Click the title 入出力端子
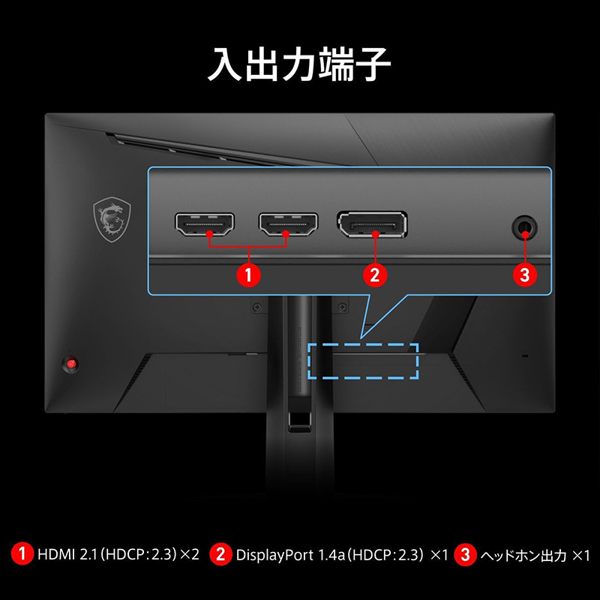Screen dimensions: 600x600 (298, 64)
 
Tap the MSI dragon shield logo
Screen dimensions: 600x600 (112, 220)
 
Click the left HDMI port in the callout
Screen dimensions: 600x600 (205, 224)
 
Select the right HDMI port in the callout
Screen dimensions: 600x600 (288, 224)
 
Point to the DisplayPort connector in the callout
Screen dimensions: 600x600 (372, 224)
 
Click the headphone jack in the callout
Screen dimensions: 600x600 (524, 227)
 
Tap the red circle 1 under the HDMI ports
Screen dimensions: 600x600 (248, 274)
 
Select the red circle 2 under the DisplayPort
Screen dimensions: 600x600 (374, 274)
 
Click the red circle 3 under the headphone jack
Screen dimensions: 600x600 (524, 274)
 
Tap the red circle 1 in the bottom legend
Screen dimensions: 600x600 (22, 554)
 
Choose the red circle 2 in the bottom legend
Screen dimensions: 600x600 (220, 554)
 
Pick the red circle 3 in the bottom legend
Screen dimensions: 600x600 (465, 554)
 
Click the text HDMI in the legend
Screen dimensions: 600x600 (56, 554)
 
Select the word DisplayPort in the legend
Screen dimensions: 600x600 (274, 555)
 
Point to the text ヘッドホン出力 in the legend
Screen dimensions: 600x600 (523, 555)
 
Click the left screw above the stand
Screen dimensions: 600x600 (258, 307)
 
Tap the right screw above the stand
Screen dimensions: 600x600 (343, 307)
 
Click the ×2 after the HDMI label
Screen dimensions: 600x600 (190, 554)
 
